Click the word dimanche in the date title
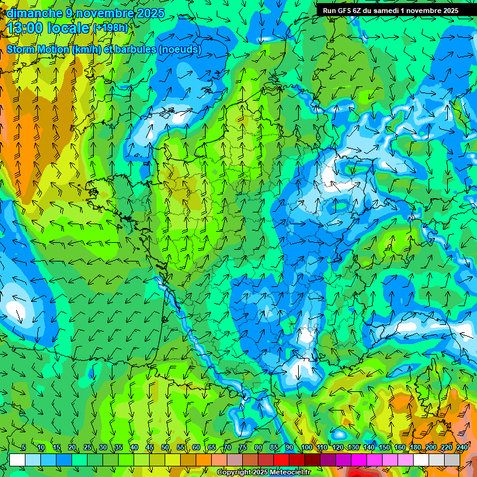tap(34, 13)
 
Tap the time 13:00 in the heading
tap(27, 28)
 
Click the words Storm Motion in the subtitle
tap(37, 50)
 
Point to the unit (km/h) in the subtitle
tap(88, 50)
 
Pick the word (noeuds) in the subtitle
tap(179, 50)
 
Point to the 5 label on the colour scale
tap(24, 447)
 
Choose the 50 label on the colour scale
tap(165, 447)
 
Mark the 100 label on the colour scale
tap(306, 447)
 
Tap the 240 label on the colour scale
tap(462, 447)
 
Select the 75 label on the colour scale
tap(242, 447)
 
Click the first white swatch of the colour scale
tap(17, 460)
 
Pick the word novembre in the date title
tap(103, 13)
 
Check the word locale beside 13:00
tap(68, 28)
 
